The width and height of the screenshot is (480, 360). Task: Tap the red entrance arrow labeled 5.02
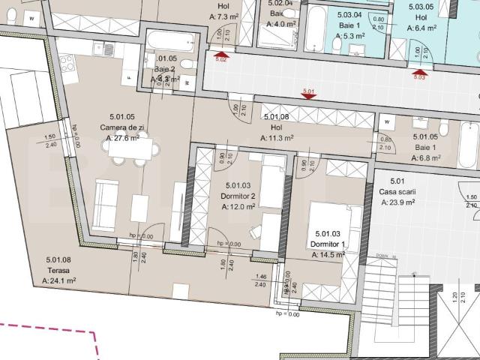[220, 54]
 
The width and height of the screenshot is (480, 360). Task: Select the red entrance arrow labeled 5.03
[418, 72]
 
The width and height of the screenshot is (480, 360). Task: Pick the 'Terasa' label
[58, 271]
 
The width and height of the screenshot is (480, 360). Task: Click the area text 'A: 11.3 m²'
[277, 138]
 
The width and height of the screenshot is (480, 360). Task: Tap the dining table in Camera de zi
[130, 148]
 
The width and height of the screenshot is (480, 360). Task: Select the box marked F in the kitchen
[130, 76]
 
